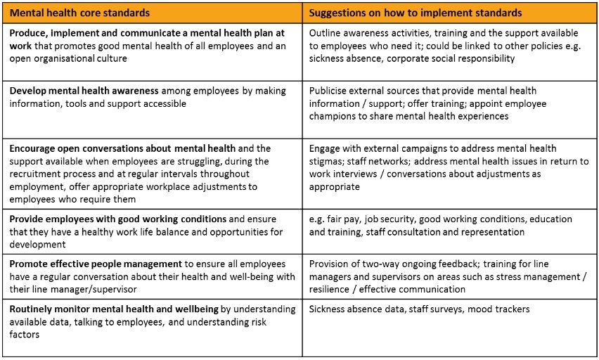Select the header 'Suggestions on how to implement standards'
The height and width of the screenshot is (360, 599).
click(415, 13)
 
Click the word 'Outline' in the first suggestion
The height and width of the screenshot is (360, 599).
click(327, 33)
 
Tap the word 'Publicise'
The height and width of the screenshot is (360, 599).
click(332, 91)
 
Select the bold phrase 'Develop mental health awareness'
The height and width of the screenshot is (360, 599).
click(85, 91)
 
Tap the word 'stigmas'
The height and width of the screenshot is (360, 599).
click(328, 161)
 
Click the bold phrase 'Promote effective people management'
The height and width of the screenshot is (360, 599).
click(95, 264)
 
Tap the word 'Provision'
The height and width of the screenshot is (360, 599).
click(331, 264)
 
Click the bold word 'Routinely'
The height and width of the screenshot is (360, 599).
click(33, 309)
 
